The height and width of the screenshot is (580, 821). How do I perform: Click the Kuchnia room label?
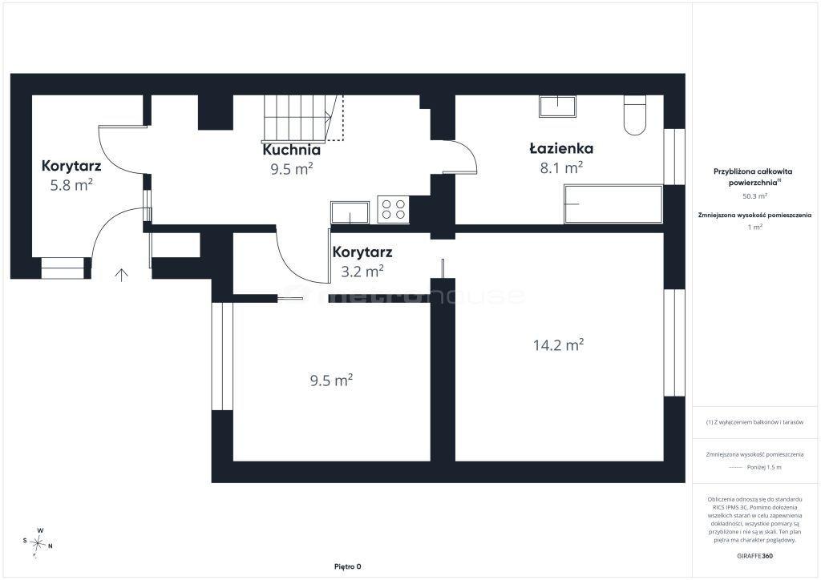coord(291,150)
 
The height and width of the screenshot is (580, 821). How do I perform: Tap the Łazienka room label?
coord(561,148)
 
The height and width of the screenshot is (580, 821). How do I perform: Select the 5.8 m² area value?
coord(71,184)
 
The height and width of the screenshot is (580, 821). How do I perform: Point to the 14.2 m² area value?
coord(558,344)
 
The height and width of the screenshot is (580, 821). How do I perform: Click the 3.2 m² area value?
coord(362,271)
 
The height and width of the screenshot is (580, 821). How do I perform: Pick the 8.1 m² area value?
coord(561,167)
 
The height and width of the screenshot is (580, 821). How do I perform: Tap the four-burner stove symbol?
coord(393,209)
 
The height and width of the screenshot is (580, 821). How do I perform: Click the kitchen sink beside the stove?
coord(350,212)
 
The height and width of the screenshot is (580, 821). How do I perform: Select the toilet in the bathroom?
coord(635,115)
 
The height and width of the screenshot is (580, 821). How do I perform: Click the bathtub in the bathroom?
coord(613,204)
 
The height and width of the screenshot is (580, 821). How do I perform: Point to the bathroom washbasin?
coord(558,107)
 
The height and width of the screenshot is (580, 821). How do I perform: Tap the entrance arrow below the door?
coord(122,275)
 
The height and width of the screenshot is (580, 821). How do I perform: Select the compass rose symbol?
coord(38,543)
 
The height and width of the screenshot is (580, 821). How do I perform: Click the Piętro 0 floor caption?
coord(348,566)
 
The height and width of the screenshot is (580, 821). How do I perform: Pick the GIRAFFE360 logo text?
coord(754,556)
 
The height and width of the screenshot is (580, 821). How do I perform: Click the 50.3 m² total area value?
coord(754,196)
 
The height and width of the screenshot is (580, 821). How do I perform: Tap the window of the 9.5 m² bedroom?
coord(222,356)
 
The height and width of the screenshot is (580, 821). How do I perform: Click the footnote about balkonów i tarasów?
coord(754,422)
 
